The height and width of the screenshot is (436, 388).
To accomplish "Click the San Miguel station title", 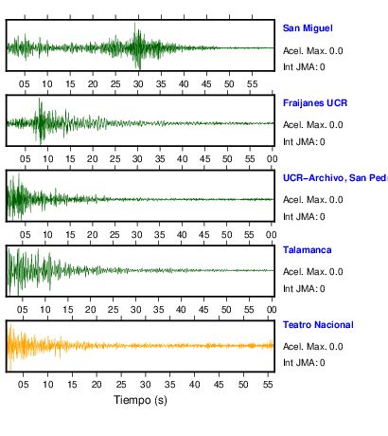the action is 308,28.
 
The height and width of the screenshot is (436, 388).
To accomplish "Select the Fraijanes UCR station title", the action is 315,103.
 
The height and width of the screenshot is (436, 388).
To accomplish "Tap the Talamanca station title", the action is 308,250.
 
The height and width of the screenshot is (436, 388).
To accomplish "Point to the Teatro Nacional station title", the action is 318,325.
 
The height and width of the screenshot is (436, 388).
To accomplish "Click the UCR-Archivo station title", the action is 335,178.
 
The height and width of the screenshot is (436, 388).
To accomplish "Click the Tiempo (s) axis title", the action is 140,400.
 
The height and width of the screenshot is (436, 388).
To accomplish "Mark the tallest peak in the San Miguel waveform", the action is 134,24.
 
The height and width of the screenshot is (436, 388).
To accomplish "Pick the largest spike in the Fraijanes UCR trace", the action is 40,100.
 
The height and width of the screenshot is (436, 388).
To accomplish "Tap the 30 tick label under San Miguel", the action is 138,84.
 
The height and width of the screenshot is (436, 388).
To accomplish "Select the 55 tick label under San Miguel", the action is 252,84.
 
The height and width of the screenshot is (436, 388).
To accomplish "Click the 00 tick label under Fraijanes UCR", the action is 272,159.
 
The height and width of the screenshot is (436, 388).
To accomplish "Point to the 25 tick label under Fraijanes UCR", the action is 115,159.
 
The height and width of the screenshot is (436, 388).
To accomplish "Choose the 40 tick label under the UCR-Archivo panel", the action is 182,235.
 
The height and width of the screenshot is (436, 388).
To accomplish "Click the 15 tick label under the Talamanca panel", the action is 68,310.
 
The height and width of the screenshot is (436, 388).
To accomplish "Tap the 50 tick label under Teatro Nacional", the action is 243,385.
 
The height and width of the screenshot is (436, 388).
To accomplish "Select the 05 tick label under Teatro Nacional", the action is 23,385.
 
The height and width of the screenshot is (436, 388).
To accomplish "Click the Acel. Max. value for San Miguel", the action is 336,51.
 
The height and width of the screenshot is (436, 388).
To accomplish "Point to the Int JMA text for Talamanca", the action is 304,289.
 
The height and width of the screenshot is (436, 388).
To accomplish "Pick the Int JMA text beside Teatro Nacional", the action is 304,363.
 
